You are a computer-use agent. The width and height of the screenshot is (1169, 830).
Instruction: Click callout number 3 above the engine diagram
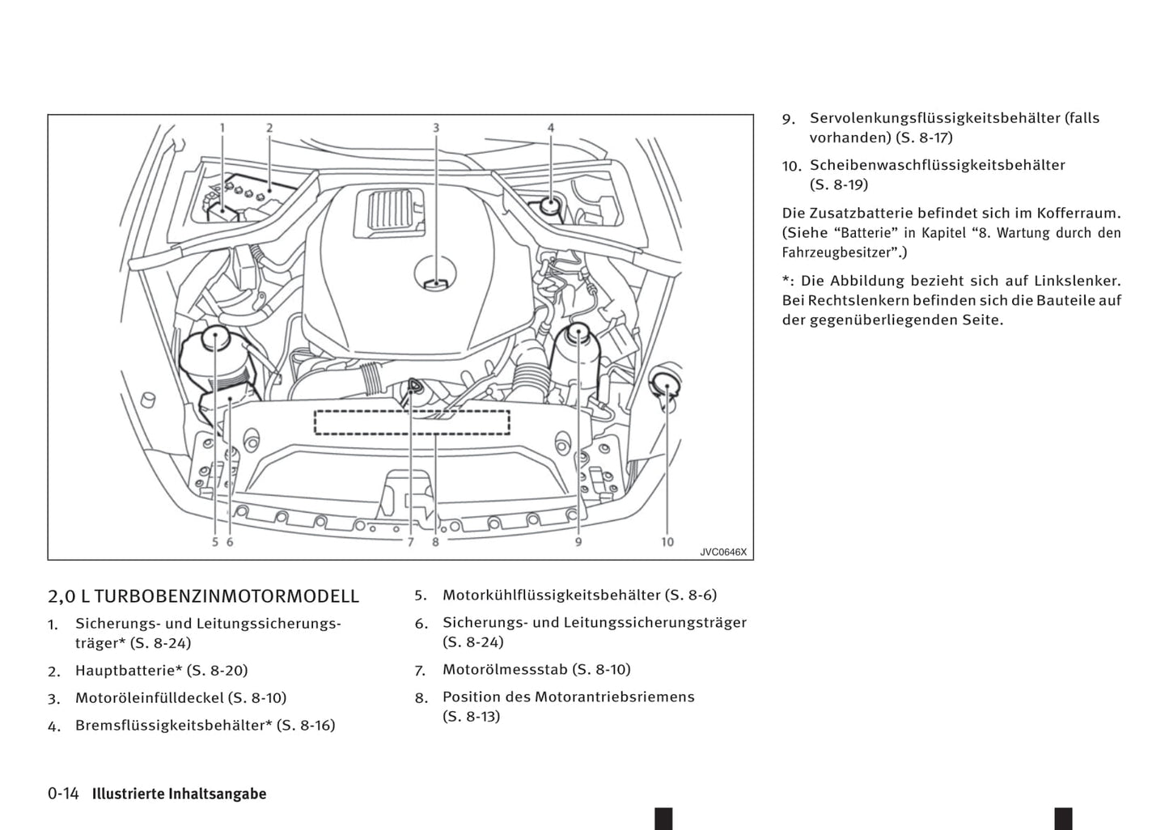435,128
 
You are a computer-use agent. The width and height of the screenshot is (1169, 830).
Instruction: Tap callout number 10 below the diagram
667,541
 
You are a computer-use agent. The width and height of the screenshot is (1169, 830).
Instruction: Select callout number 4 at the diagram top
551,128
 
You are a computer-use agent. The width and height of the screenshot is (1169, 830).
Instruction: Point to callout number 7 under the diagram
410,542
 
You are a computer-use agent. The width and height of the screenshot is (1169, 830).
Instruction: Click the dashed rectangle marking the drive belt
412,422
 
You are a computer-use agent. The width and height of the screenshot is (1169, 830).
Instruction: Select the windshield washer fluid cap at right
667,378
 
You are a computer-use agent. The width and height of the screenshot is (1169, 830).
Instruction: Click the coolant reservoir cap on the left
216,340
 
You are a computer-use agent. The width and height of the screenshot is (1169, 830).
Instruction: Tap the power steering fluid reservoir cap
579,334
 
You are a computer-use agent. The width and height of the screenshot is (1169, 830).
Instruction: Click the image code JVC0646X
723,553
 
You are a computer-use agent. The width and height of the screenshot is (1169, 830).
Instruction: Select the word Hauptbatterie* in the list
129,671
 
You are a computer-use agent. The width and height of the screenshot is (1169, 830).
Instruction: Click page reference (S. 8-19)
839,184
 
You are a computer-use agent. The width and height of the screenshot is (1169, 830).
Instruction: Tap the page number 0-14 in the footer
63,794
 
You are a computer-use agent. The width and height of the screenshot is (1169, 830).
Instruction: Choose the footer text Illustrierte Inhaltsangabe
179,794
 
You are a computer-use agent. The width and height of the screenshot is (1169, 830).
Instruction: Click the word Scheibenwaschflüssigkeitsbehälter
938,165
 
